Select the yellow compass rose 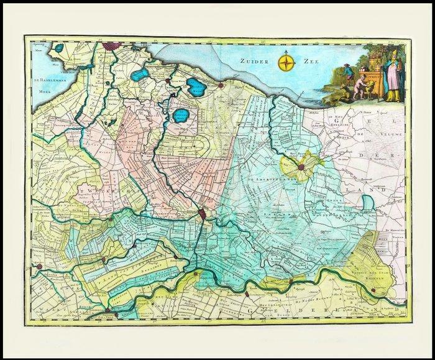pos(286,62)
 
